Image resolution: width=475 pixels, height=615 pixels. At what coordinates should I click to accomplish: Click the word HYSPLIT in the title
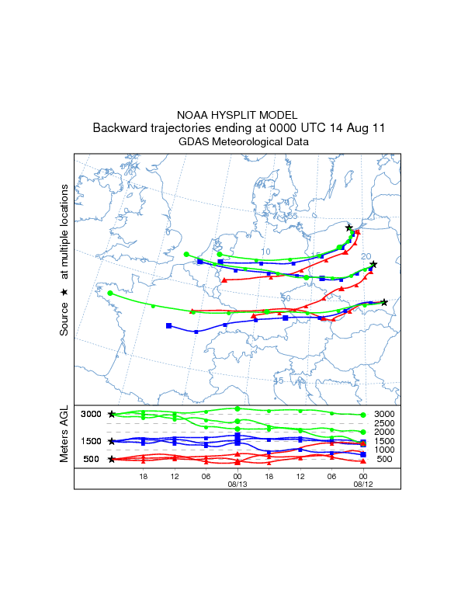pos(238,114)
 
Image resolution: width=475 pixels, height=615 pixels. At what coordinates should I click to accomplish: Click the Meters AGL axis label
pos(64,434)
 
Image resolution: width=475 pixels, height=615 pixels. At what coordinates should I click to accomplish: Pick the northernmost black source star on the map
pos(349,228)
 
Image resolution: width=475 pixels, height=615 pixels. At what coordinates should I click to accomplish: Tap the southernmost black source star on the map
pos(384,301)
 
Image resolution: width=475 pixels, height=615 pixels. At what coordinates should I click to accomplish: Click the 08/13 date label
pos(237,483)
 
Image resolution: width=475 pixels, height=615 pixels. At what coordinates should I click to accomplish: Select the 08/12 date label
pos(363,483)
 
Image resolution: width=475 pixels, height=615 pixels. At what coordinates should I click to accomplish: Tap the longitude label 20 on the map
pos(366,256)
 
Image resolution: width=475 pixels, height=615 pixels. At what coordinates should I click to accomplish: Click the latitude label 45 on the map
pos(278,380)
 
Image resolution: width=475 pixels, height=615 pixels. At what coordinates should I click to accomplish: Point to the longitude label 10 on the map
pos(265,252)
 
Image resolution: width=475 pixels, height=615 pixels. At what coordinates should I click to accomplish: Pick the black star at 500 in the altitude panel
pos(112,459)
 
